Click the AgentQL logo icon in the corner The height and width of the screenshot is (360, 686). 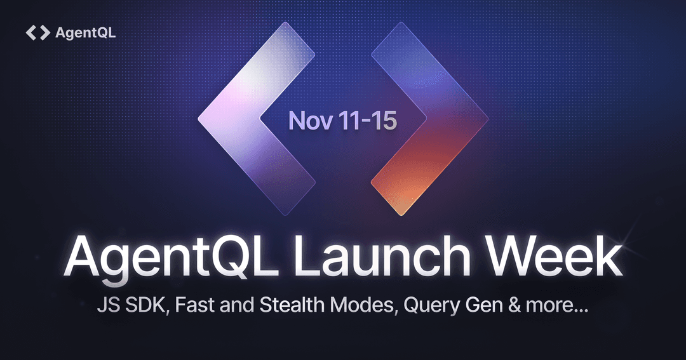(x=37, y=33)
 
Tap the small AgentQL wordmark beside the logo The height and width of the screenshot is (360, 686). (x=86, y=33)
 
